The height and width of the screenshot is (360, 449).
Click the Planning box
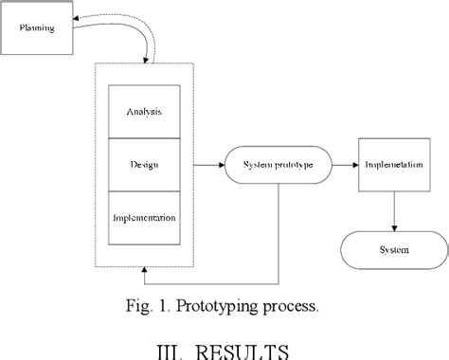(x=38, y=28)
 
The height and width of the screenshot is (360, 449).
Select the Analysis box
(x=144, y=112)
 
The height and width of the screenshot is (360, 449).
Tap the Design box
(x=144, y=165)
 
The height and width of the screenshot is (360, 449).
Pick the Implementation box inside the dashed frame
(x=144, y=218)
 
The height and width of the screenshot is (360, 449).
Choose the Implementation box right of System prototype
(x=395, y=165)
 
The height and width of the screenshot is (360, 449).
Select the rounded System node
(x=395, y=250)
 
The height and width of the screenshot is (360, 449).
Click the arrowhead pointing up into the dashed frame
(x=144, y=273)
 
